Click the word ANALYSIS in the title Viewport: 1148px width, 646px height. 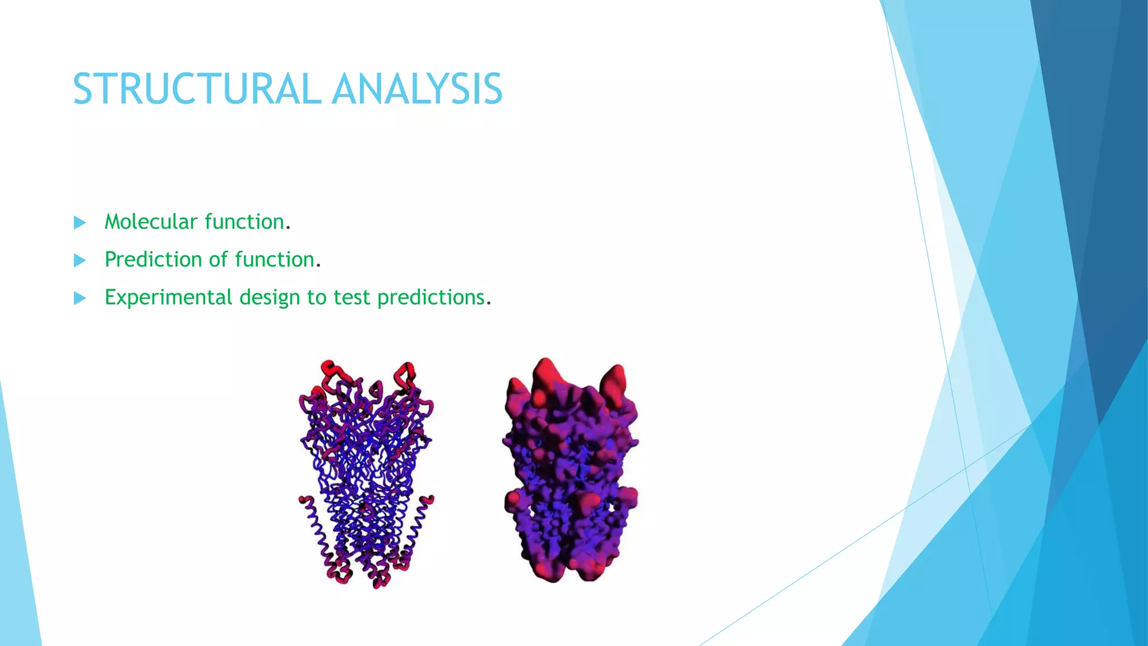pos(417,89)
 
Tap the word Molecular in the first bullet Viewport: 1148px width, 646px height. pos(151,222)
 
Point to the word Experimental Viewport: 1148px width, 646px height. pos(168,297)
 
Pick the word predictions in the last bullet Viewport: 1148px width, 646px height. pos(430,298)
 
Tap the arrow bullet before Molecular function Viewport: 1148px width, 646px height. pos(80,223)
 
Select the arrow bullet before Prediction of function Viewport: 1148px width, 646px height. pos(80,260)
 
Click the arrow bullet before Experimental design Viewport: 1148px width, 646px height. pos(80,298)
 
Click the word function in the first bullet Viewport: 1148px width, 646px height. pos(244,222)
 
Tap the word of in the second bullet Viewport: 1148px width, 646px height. pos(218,260)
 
